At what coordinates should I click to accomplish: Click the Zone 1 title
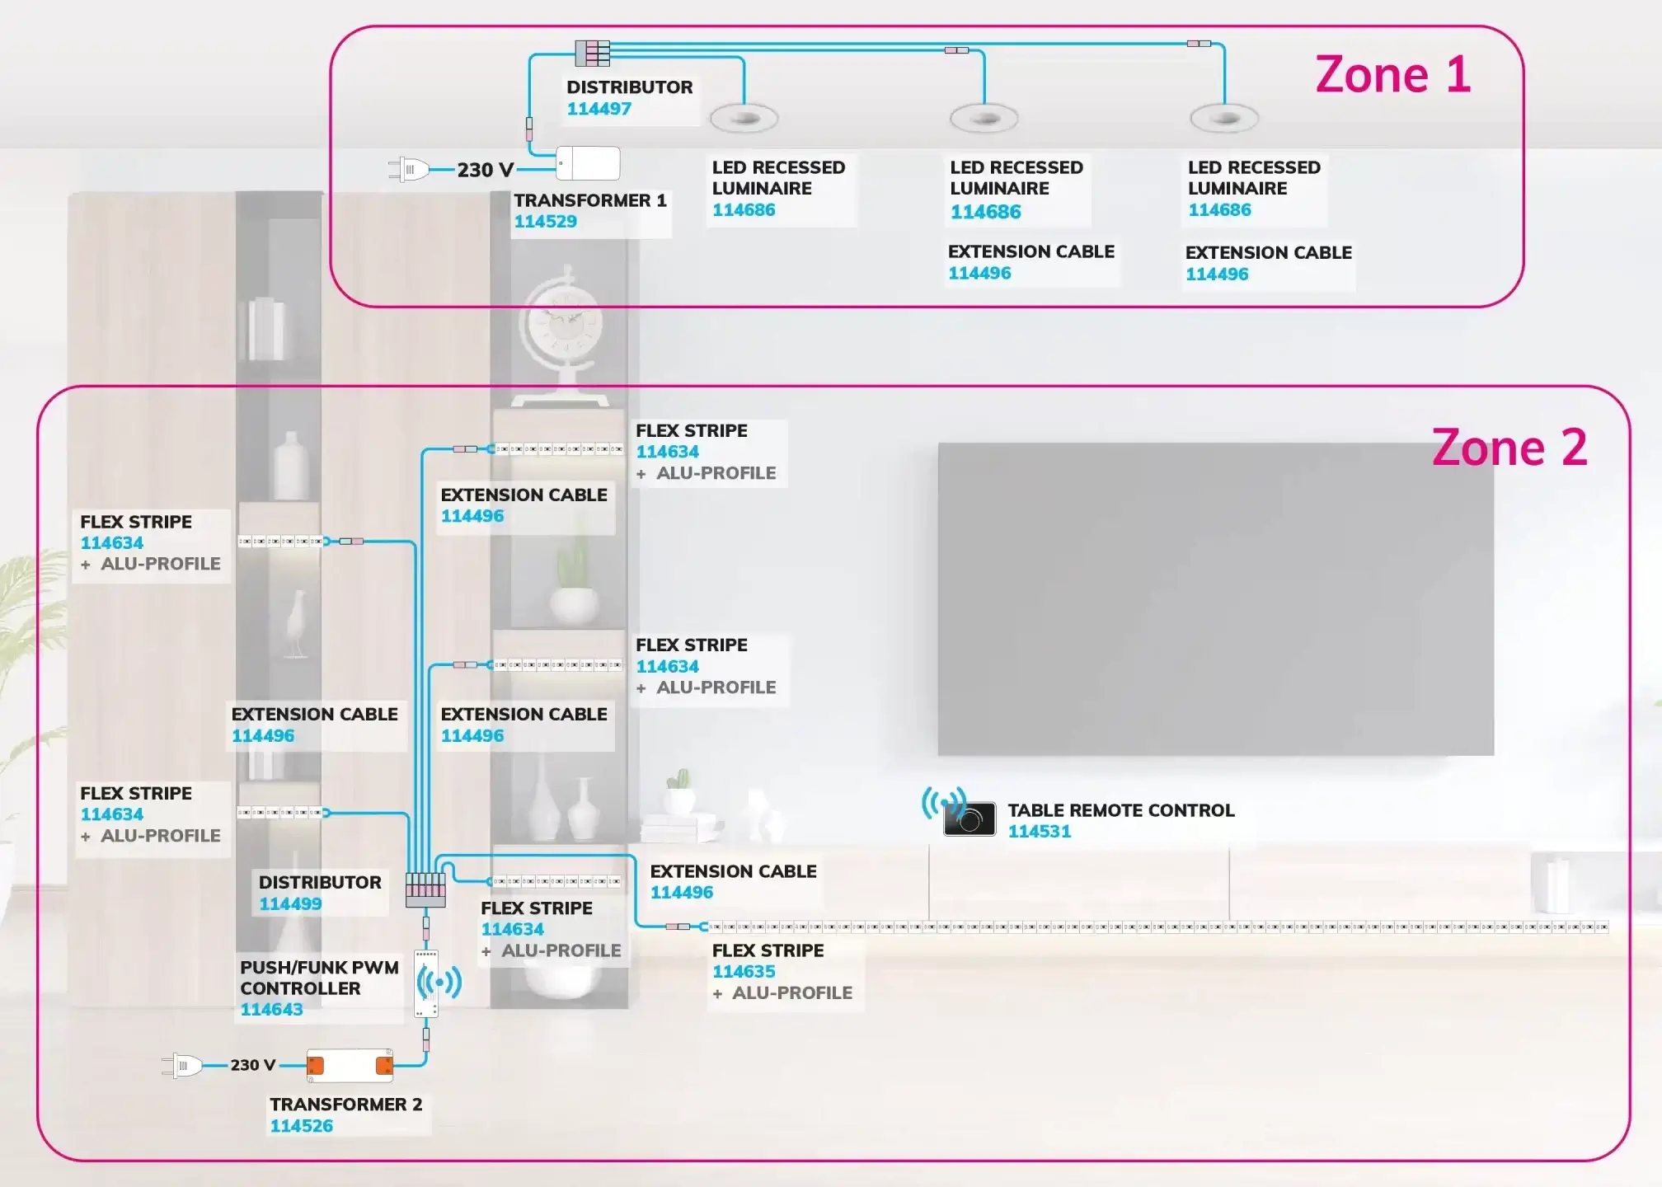1392,75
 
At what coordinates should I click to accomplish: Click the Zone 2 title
1509,448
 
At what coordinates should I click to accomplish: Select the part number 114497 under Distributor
599,109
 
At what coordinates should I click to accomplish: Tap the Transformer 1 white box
589,163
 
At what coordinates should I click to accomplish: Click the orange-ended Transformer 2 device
350,1066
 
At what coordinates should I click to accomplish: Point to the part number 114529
545,222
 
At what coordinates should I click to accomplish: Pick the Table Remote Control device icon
969,819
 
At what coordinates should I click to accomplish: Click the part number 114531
1039,832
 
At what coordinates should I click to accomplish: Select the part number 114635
744,972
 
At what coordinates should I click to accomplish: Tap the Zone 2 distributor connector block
425,890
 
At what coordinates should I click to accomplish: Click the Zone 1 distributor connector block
592,53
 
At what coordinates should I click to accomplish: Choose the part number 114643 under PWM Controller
271,1010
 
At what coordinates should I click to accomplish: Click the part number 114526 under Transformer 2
301,1126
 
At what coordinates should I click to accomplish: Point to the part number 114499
290,904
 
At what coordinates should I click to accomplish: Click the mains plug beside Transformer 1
409,170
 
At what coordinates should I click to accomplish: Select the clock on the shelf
561,326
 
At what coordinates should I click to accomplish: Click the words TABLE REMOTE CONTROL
1120,810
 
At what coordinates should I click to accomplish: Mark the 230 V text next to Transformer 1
485,170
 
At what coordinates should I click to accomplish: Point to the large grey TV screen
1215,599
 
